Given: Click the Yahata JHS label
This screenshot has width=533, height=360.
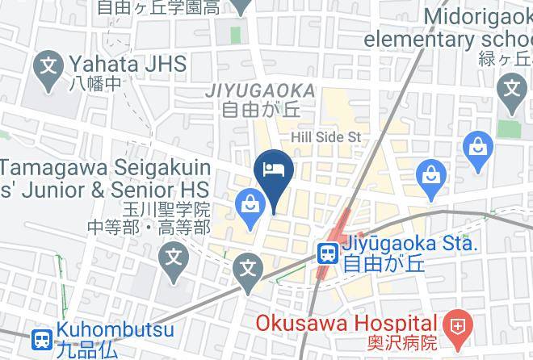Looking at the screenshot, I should (128, 63).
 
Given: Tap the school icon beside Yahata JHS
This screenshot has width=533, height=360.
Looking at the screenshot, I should (51, 62).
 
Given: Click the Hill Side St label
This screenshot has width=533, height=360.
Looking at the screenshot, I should (330, 137).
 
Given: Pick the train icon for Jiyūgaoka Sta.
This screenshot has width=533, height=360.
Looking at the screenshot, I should (327, 253).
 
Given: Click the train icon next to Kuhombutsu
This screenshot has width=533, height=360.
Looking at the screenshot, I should (41, 340).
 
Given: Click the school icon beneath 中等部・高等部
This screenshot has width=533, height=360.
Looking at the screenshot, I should (173, 258).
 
